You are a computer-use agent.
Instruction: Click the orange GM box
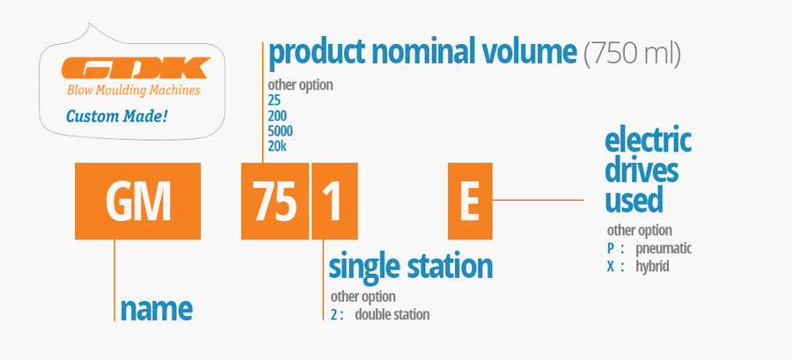137,201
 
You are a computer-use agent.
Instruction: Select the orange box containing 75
275,201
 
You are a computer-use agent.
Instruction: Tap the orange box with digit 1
334,201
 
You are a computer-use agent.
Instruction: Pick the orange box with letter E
470,201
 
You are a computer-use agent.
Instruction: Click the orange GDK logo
136,68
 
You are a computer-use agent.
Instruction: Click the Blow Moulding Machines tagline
134,91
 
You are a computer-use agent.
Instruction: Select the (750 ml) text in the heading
632,54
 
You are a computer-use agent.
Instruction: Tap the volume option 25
275,100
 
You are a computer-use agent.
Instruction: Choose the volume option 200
277,115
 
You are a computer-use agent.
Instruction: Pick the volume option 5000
281,131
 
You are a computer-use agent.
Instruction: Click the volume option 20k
278,146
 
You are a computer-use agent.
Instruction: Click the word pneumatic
664,249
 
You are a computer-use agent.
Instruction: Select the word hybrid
653,266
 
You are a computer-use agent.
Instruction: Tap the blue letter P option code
611,248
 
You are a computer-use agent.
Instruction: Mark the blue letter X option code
611,266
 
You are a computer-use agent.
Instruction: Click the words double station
392,314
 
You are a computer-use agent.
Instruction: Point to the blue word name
157,308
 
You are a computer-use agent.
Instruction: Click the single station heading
411,266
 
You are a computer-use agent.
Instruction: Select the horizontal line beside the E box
538,200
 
